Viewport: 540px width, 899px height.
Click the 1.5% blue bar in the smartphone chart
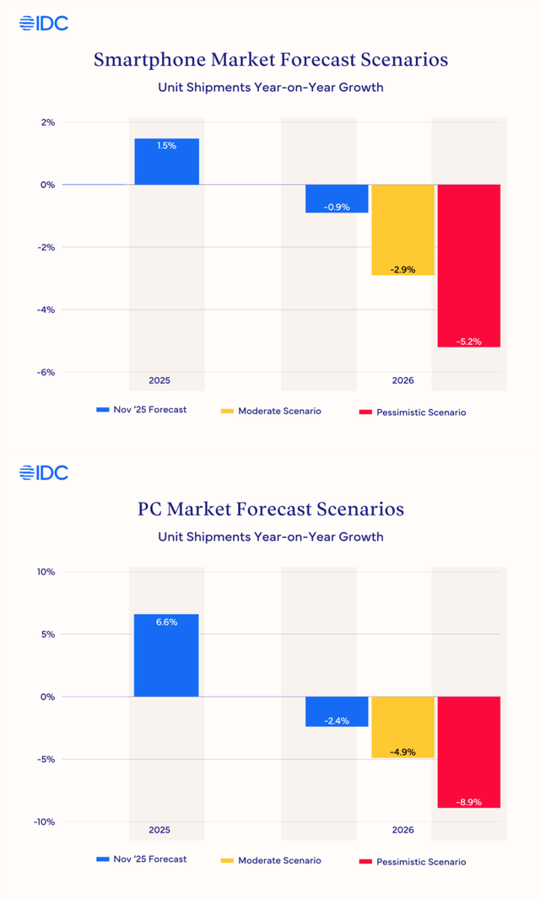(166, 161)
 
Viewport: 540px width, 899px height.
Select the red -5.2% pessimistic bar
(469, 266)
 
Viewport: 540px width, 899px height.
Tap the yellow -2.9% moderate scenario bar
(402, 229)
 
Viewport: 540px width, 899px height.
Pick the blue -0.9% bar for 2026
(337, 198)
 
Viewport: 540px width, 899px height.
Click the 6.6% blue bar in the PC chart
(166, 655)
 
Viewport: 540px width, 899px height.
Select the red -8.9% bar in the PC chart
(469, 751)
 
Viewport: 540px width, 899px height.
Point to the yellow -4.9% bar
(402, 727)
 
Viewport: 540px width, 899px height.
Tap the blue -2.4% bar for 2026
(337, 711)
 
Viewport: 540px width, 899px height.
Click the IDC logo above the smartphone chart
(44, 24)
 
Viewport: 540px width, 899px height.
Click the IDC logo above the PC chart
(44, 472)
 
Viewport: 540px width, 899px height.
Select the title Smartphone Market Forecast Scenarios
(270, 60)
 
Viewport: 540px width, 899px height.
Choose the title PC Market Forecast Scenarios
(270, 509)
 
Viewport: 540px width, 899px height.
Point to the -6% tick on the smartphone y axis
(46, 372)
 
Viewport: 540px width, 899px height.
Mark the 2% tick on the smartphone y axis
(47, 122)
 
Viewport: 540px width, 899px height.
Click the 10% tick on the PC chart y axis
(46, 572)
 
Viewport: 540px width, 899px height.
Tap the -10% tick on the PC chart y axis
(44, 821)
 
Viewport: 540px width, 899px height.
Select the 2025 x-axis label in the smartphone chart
(159, 380)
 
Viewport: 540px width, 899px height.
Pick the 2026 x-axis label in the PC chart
(402, 830)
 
